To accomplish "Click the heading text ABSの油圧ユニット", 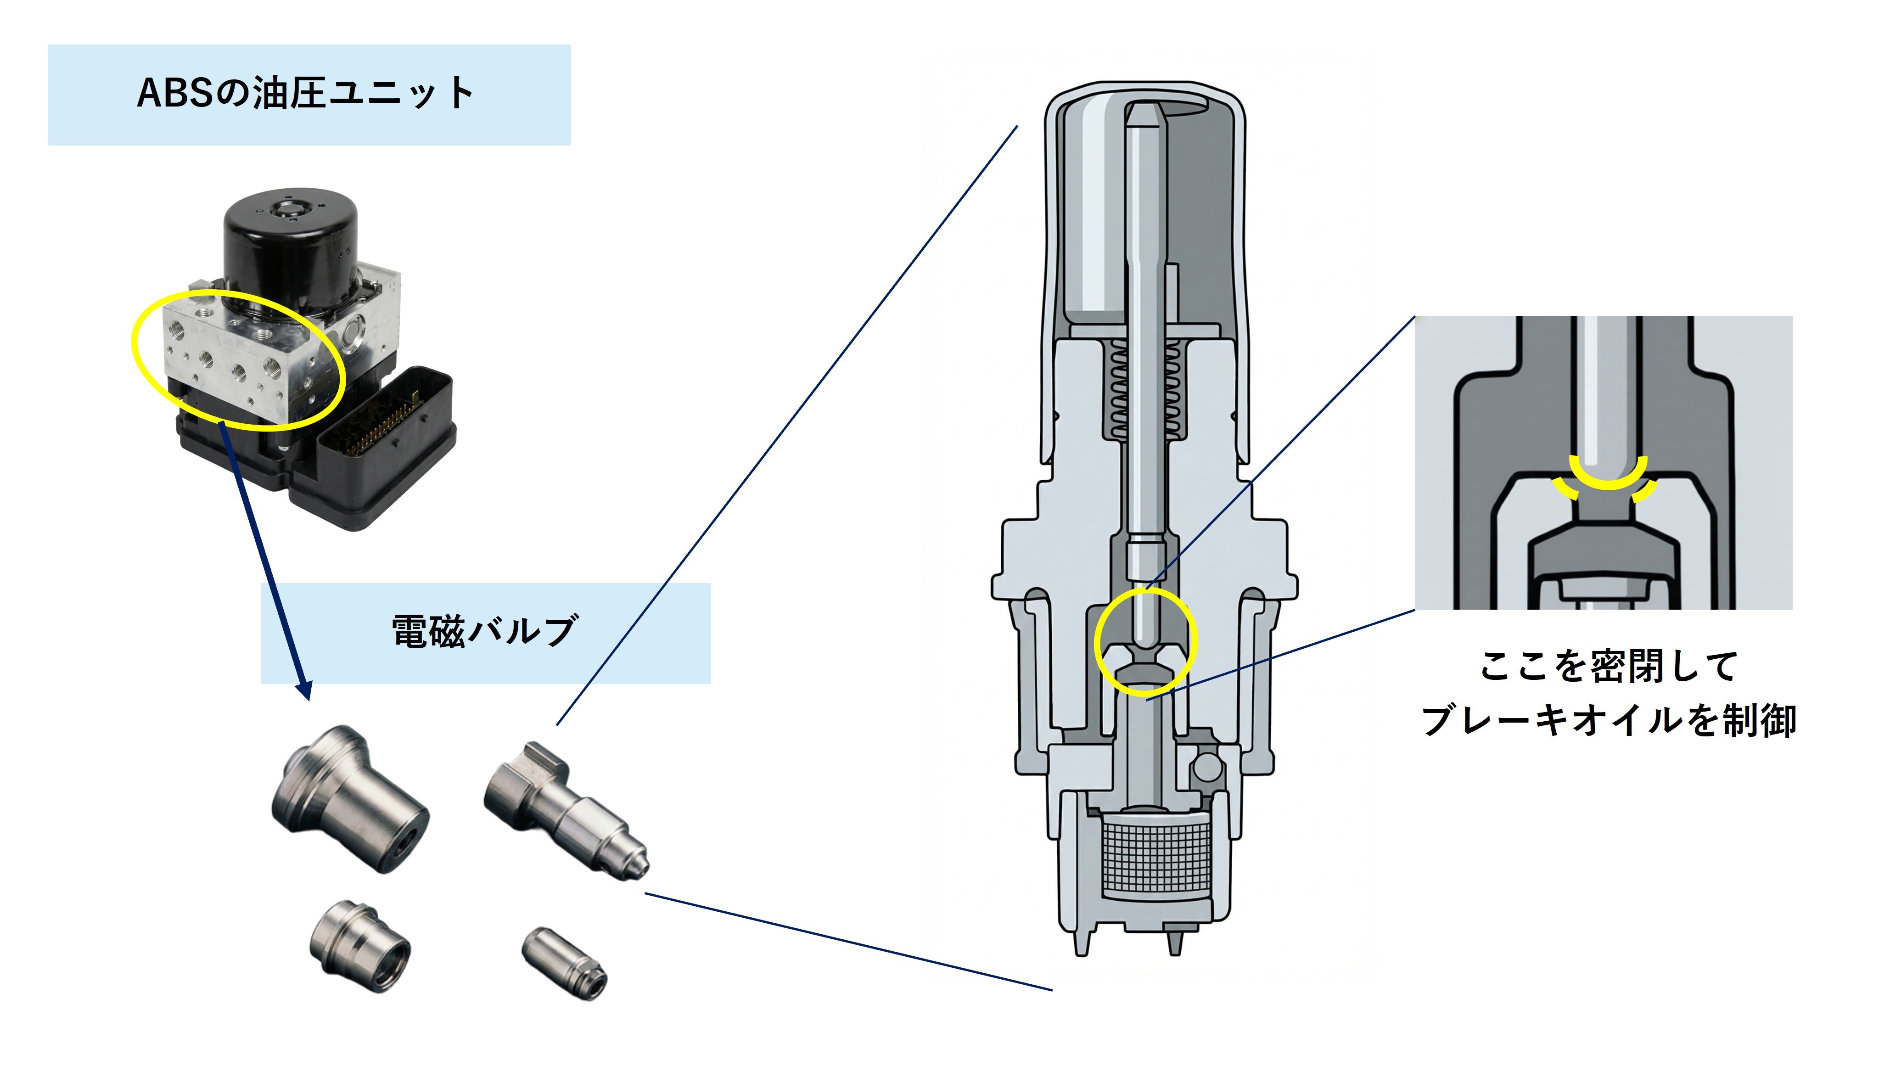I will pos(306,94).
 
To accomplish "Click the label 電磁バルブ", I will pos(485,632).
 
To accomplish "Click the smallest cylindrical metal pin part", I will pos(564,964).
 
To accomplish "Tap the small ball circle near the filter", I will pos(1207,767).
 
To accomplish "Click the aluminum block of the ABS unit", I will pos(241,351).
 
